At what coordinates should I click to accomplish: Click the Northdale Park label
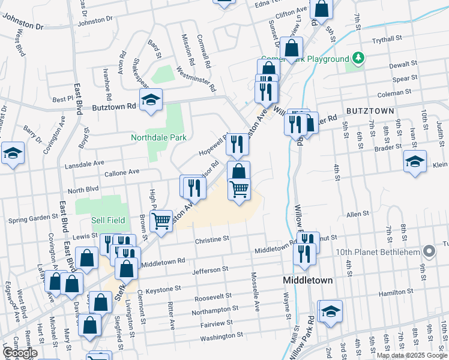point(159,137)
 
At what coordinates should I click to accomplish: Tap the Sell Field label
point(108,220)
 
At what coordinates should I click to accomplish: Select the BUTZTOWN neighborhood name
point(370,111)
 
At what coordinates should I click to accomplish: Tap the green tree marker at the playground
point(359,58)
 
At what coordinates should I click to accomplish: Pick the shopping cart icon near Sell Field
point(161,221)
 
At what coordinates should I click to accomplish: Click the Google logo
point(20,353)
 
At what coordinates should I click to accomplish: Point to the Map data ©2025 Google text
point(411,355)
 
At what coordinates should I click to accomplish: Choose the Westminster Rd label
point(196,79)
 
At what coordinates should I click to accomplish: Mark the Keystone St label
point(165,288)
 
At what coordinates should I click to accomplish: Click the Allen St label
point(357,214)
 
